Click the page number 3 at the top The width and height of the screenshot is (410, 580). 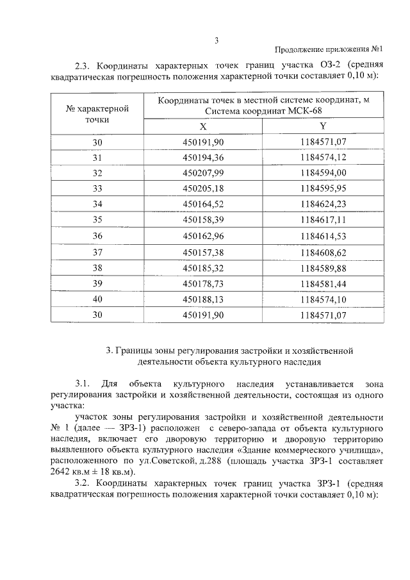point(217,40)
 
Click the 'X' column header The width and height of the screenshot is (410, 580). point(202,126)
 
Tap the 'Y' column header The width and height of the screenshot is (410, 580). point(323,126)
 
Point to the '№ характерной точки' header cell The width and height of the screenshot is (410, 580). point(97,113)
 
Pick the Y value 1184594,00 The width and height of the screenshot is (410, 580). point(323,173)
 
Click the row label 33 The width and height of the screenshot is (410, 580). point(97,189)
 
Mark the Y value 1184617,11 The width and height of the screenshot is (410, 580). point(323,221)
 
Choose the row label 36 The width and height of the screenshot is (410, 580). point(97,236)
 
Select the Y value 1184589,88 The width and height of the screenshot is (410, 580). point(323,268)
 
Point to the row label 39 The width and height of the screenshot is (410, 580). point(97,284)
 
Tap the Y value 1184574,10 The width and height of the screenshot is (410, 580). point(323,299)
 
